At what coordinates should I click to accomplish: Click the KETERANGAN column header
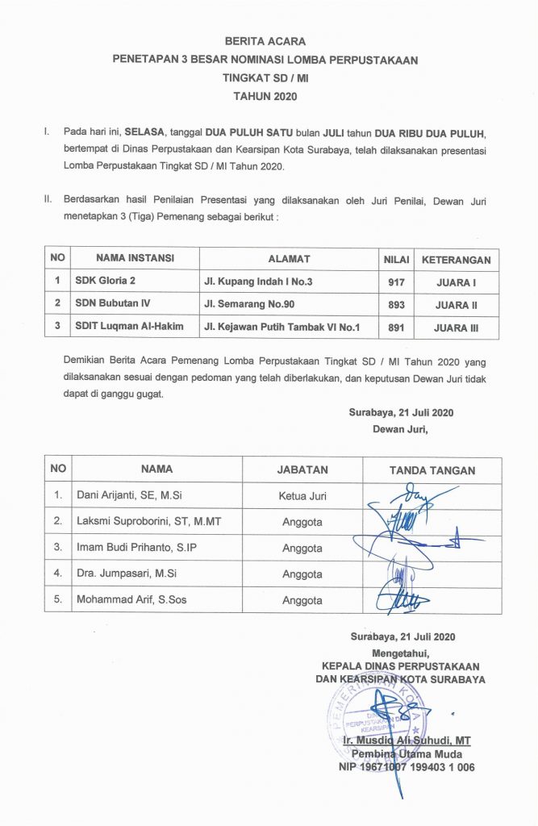(457, 259)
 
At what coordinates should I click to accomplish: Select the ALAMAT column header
(289, 259)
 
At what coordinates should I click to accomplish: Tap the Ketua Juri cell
(302, 495)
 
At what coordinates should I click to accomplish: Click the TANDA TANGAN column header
(432, 469)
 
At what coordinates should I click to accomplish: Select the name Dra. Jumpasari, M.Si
(127, 574)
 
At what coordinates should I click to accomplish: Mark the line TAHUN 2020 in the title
(265, 96)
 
